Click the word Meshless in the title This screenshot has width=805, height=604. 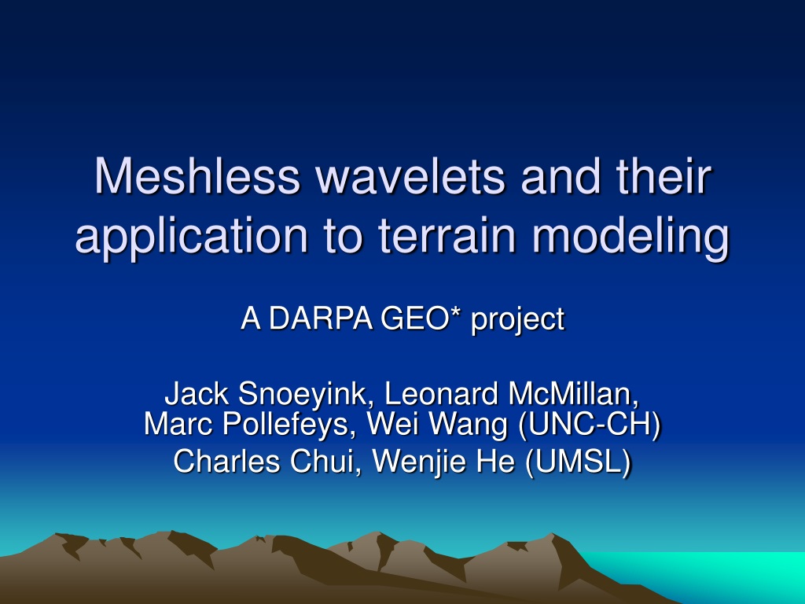click(x=197, y=175)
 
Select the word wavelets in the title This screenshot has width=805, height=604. click(x=410, y=175)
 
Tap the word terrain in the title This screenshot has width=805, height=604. click(x=447, y=234)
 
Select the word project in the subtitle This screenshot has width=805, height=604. click(x=517, y=322)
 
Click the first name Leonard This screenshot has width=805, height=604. click(x=441, y=393)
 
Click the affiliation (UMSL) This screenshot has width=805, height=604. click(x=579, y=462)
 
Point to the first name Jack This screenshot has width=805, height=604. click(x=197, y=393)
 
